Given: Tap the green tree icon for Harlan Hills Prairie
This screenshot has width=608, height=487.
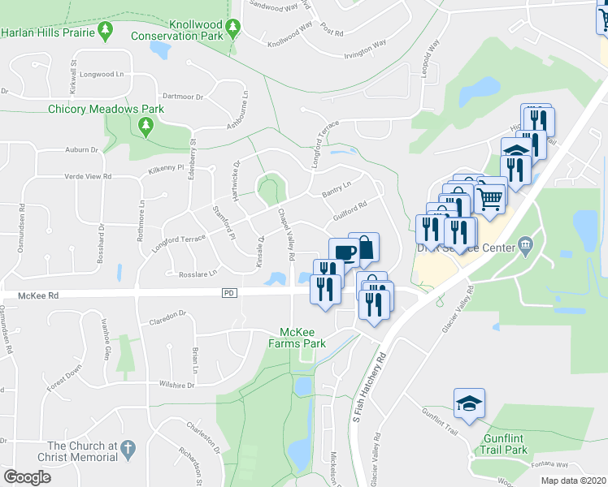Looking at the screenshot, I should coord(104,32).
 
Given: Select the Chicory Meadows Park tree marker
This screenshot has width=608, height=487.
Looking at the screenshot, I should coord(145,126).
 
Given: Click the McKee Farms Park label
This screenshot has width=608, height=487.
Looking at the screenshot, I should coord(302,338).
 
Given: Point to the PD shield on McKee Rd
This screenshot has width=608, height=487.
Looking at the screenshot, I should coord(228,291).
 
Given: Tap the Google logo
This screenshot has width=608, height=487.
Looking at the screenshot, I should coord(27,477).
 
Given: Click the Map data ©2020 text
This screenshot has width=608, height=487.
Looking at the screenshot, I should coord(573,481).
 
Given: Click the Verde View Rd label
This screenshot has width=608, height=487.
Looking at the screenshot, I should coord(89,176).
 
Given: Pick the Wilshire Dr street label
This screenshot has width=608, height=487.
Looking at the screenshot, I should coord(177,386).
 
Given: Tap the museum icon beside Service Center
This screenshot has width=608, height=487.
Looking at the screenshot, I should coord(525,244).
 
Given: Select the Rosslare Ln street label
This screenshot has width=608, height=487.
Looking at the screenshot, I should coord(198,274).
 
